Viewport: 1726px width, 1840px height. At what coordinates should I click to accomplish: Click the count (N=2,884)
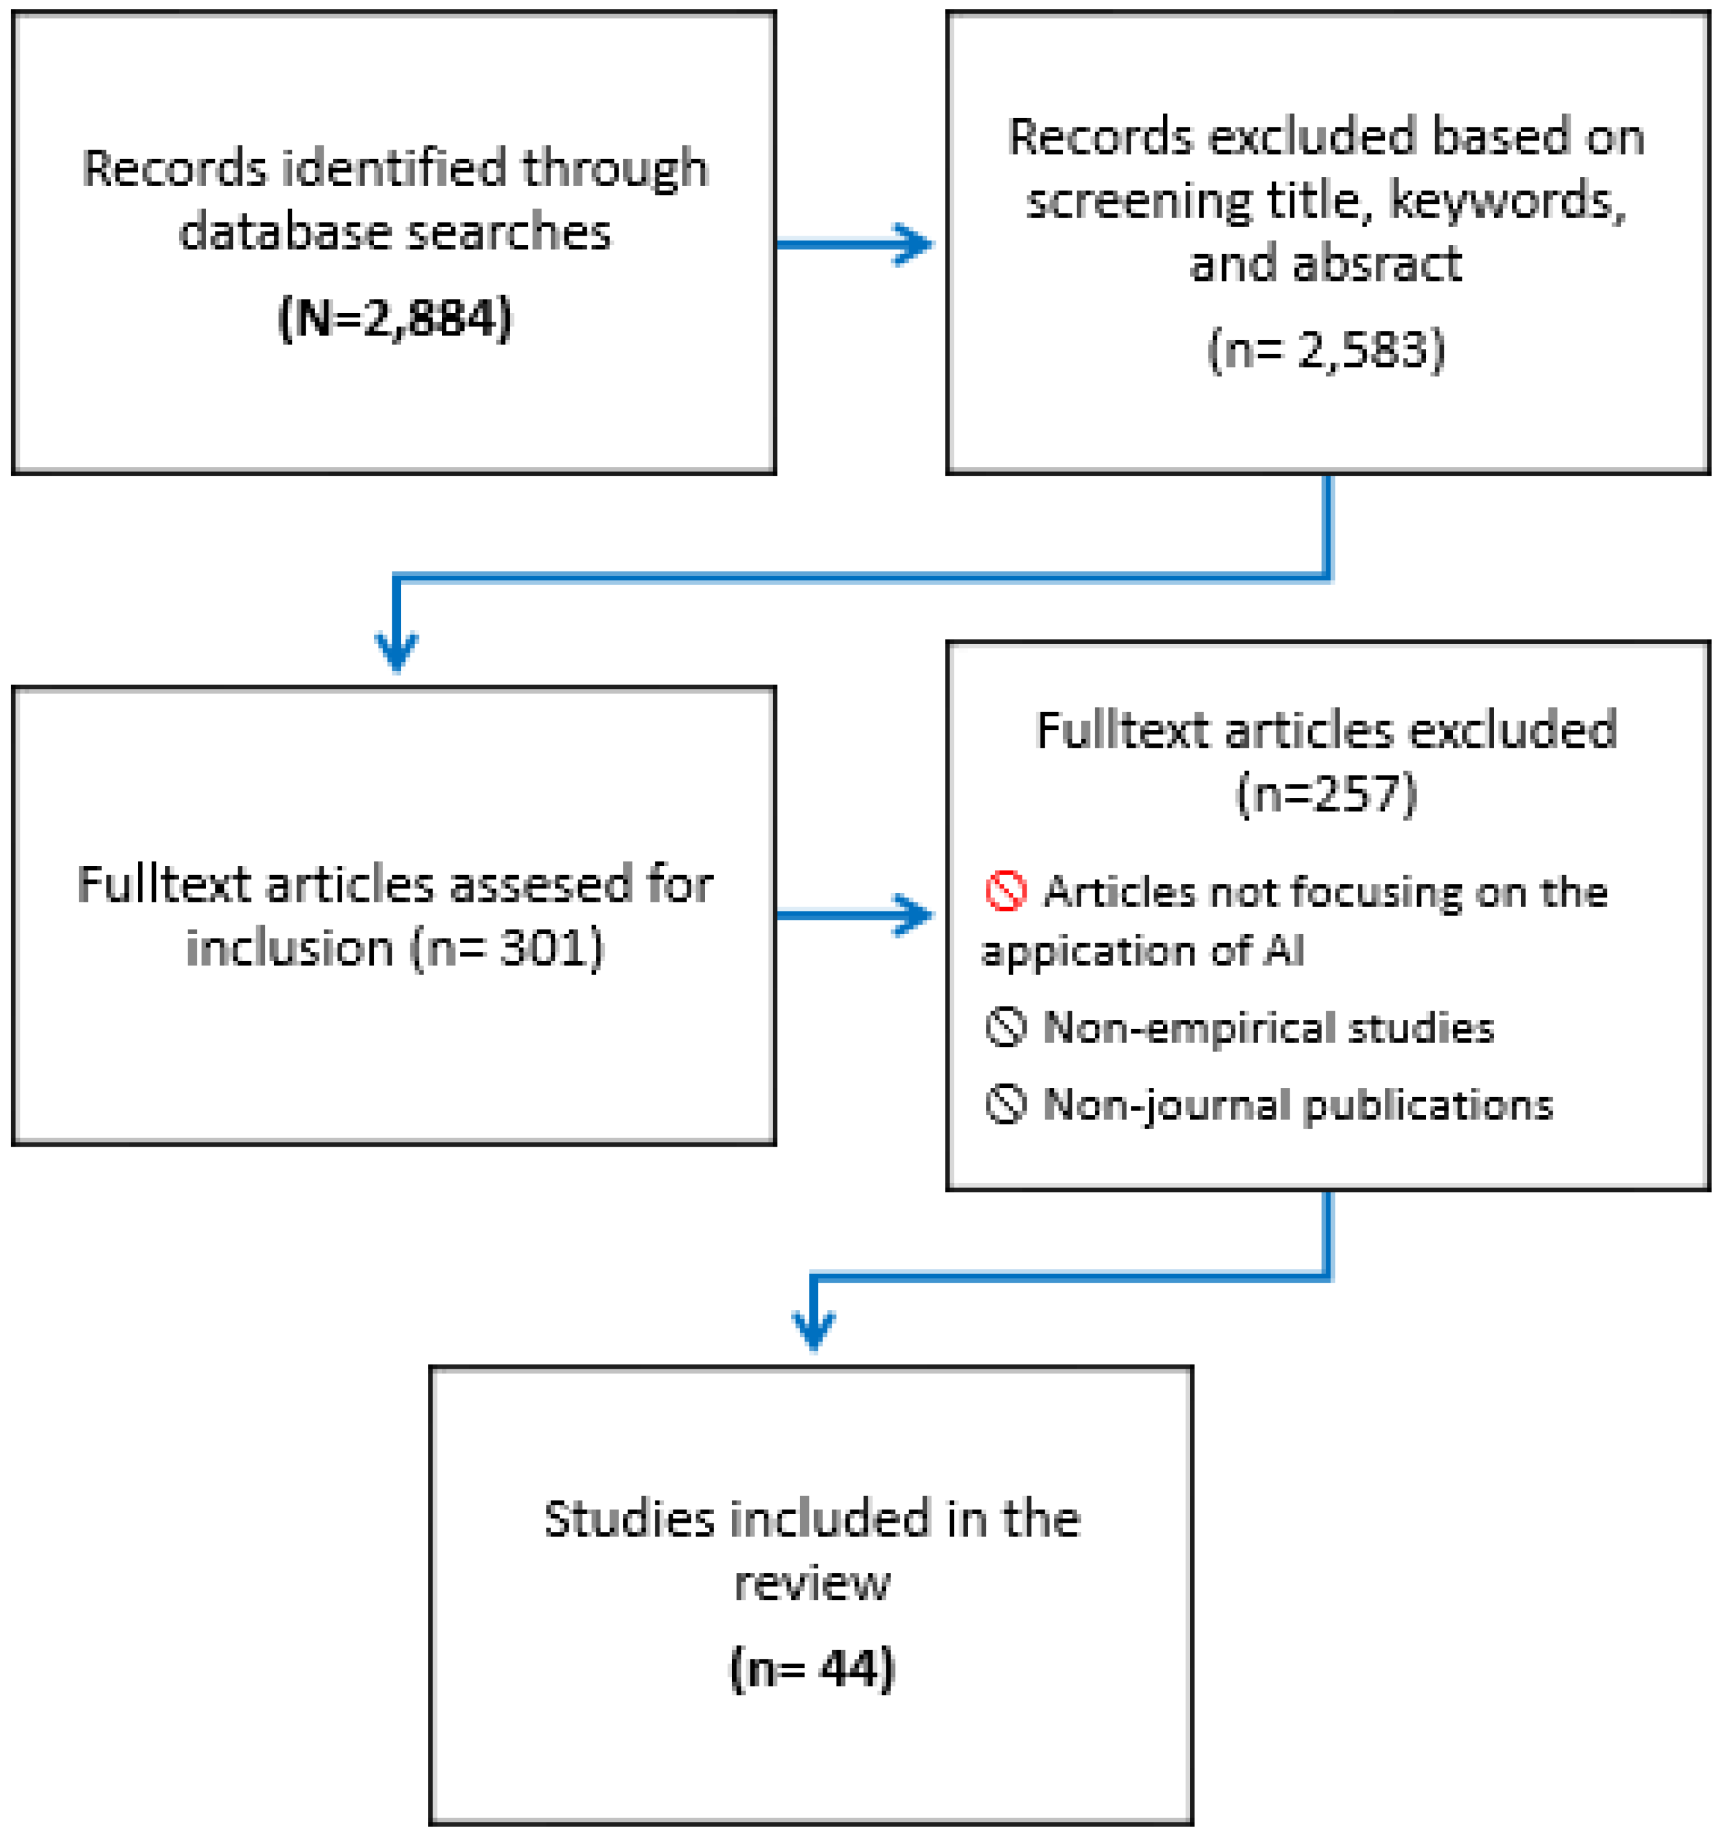[395, 319]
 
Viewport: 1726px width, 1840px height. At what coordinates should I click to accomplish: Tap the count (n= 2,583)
[1326, 350]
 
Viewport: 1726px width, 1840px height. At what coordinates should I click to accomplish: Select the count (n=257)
[1326, 793]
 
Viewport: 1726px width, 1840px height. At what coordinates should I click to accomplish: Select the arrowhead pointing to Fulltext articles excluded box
[915, 915]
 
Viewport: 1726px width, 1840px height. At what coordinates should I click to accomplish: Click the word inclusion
[290, 949]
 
